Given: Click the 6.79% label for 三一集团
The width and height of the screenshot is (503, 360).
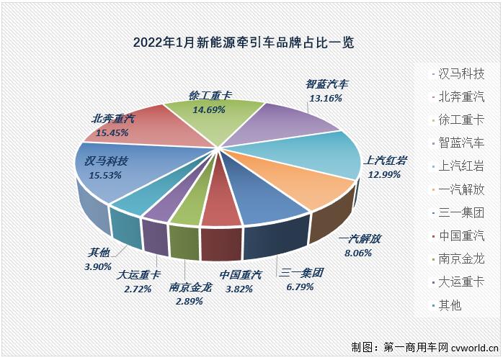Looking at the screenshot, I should click(x=303, y=287).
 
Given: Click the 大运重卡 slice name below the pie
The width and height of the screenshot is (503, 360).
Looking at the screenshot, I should click(x=140, y=274).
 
